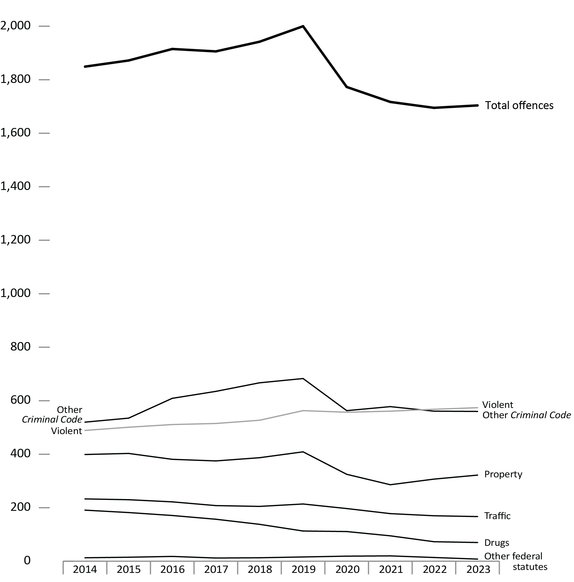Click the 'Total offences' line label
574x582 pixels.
tap(519, 106)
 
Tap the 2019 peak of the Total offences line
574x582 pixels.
tap(303, 26)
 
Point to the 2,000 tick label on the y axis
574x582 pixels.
tap(16, 26)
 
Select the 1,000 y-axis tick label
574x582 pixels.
tap(16, 293)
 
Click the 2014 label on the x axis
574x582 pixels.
tap(85, 569)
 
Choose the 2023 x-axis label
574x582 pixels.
tap(478, 569)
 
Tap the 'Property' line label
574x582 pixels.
tap(503, 474)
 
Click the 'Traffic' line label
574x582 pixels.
tap(497, 516)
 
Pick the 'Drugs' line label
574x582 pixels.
tap(497, 543)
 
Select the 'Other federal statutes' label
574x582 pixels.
tap(515, 561)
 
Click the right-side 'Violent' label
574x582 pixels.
tap(497, 405)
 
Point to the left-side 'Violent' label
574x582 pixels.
tap(66, 431)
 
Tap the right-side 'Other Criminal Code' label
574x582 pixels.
tap(526, 415)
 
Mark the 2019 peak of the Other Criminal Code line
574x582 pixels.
tap(303, 379)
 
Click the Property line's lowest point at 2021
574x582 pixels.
tap(390, 485)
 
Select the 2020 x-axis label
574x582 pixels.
tap(347, 569)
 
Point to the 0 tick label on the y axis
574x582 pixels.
tap(27, 560)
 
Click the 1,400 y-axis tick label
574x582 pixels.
tap(16, 186)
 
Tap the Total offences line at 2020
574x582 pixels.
tap(347, 87)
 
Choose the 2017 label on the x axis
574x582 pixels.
tap(216, 569)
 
